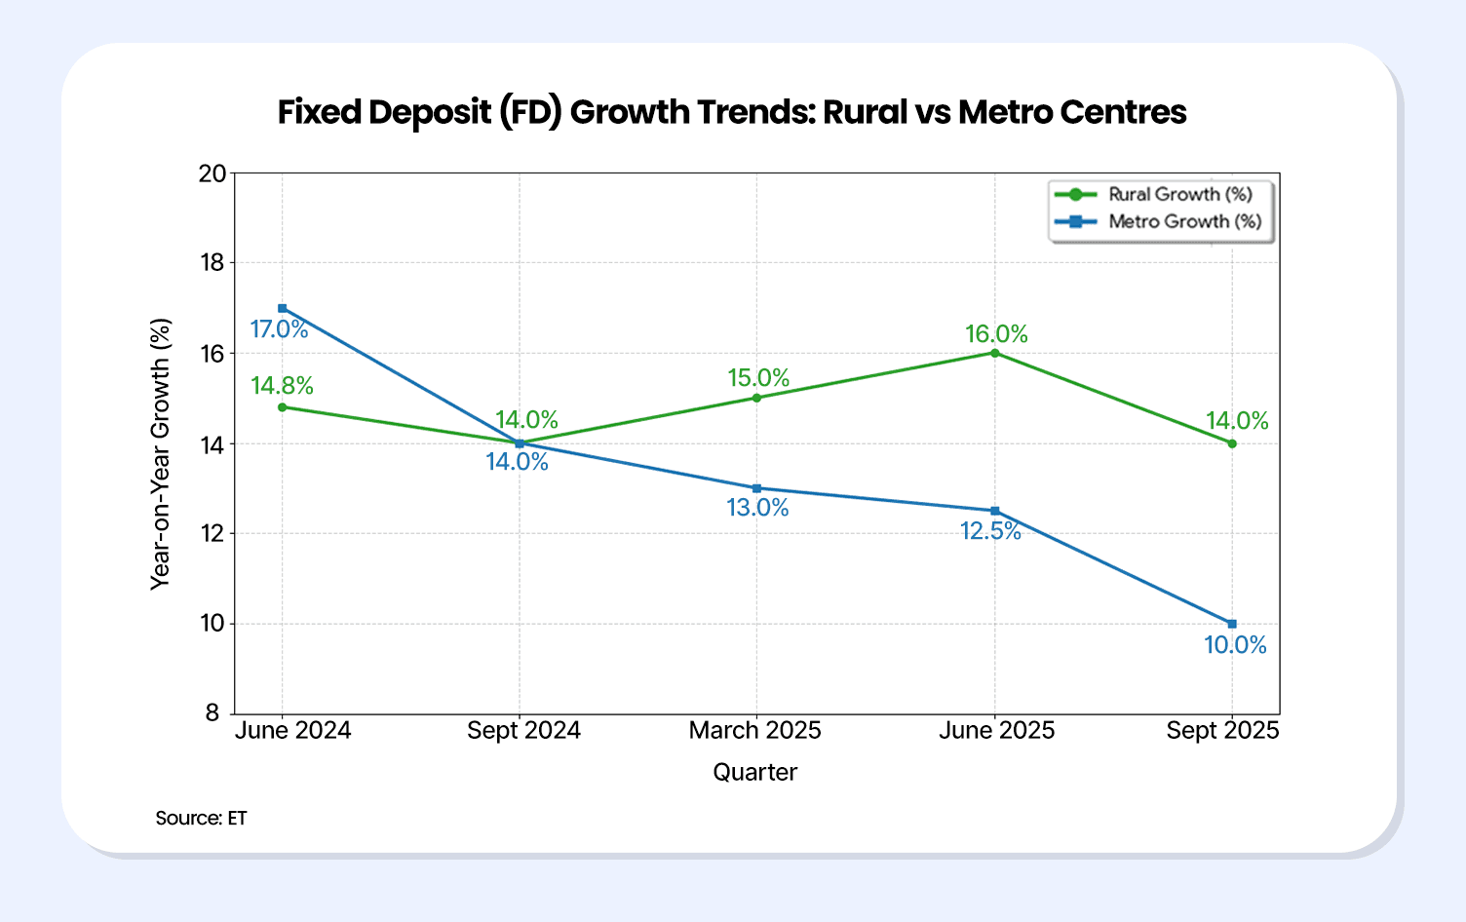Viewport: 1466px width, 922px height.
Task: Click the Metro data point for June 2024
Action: (x=283, y=308)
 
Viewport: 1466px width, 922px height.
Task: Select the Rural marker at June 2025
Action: (x=994, y=353)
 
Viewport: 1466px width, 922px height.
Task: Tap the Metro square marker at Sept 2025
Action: (x=1232, y=624)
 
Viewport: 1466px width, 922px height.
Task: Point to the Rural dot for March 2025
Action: (x=756, y=398)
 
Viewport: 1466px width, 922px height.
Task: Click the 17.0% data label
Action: (x=279, y=329)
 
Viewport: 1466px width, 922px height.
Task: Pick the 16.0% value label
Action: (x=996, y=334)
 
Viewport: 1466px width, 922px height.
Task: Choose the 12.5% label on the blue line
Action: (x=990, y=531)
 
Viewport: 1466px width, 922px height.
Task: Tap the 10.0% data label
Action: (x=1235, y=645)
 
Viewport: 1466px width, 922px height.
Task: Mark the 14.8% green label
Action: (x=282, y=386)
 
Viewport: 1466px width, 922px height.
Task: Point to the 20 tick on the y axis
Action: (x=212, y=173)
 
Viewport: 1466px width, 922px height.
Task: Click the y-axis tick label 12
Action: (x=212, y=533)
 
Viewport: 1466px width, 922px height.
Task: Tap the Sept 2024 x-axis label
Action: (x=523, y=731)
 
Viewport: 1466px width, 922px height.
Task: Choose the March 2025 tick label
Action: (x=754, y=731)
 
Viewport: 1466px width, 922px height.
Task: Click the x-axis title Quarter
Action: (x=754, y=773)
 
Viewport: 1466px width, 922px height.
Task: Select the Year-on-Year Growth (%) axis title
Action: (x=160, y=454)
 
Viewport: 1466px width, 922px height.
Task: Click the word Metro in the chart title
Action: (x=1004, y=112)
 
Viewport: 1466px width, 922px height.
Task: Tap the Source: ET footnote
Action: (x=201, y=818)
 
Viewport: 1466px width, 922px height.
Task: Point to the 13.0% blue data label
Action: (x=757, y=508)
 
